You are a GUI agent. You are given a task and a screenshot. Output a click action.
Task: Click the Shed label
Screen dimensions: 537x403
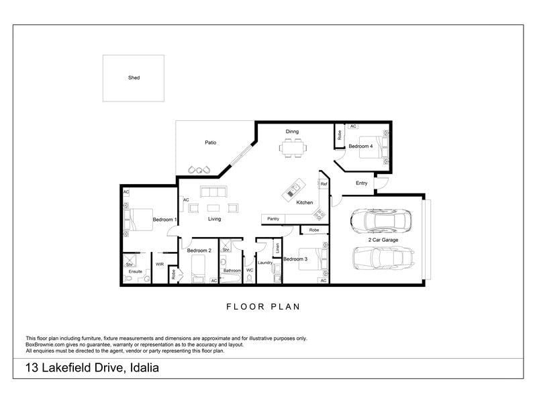(134, 78)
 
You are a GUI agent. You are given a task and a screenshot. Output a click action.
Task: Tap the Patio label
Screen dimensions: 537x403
(211, 142)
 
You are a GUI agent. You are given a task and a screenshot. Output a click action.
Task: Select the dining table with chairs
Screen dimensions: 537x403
(293, 148)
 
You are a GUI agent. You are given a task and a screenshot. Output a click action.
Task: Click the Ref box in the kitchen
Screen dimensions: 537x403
(324, 183)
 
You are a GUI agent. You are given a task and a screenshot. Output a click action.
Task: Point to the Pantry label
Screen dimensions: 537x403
(273, 219)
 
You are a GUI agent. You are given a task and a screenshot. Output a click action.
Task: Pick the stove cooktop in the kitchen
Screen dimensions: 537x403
(320, 215)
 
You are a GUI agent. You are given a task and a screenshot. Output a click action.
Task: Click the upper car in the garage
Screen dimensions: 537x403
(381, 220)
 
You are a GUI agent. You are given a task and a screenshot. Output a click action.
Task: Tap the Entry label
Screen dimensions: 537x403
(362, 183)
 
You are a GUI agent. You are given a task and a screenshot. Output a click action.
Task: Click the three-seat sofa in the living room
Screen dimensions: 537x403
(213, 191)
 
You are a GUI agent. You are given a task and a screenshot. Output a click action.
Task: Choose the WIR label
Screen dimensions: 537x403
(160, 264)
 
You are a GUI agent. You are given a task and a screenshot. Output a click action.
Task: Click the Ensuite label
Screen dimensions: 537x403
(136, 271)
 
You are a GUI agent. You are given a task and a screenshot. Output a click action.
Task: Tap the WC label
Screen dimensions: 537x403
(250, 271)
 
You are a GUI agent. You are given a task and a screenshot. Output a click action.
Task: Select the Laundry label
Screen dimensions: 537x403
(265, 263)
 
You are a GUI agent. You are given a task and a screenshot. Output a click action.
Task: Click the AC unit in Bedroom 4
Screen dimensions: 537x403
(353, 126)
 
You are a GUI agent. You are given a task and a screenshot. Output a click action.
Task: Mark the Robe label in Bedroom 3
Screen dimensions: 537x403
(314, 230)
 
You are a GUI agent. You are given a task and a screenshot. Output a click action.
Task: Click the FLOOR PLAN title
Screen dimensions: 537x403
(263, 307)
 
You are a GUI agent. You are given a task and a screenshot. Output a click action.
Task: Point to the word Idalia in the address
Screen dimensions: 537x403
(144, 368)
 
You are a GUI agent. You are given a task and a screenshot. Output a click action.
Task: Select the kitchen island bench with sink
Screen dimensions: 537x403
(293, 189)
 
